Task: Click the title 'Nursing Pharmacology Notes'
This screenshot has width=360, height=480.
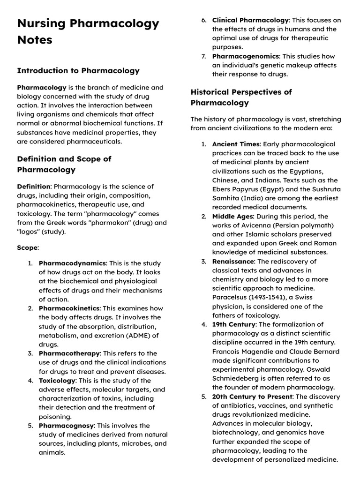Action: point(88,31)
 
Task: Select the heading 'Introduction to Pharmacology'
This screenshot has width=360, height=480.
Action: point(78,71)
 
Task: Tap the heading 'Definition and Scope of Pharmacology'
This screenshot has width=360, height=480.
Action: point(64,164)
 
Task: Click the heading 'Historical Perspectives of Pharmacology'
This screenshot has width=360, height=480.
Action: point(241,97)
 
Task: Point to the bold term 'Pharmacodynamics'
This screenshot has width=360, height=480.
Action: point(72,263)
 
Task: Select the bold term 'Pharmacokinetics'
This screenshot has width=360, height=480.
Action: point(69,308)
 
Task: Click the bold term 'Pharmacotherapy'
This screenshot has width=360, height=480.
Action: point(69,353)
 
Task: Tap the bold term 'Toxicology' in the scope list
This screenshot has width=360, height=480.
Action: point(57,381)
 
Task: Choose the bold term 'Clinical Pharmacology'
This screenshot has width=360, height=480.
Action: point(250,20)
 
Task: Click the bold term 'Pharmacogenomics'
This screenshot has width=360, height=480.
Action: point(246,56)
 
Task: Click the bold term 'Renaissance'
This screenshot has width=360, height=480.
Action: point(233,262)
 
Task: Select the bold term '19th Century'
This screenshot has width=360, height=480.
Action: point(233,324)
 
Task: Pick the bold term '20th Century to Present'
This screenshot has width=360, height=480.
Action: point(253,397)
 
